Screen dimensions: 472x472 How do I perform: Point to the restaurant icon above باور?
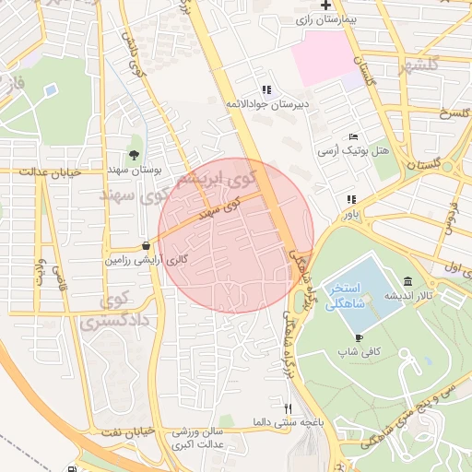[350, 199]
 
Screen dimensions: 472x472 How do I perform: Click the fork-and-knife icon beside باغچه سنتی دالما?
[288, 408]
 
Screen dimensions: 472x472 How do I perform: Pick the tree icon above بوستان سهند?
[135, 154]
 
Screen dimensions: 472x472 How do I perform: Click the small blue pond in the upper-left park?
[49, 90]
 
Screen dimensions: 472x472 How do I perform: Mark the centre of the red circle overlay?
[236, 236]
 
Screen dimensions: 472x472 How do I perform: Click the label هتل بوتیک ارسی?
[354, 149]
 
